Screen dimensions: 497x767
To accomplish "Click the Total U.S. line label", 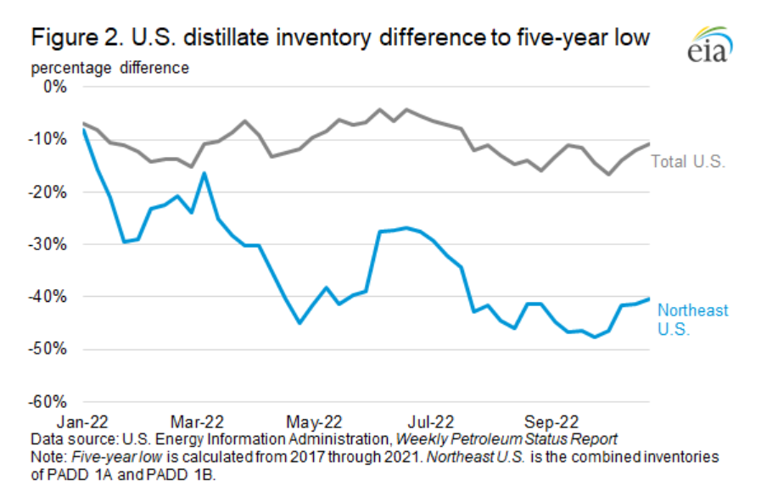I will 688,161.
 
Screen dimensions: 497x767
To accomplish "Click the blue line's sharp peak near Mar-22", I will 204,173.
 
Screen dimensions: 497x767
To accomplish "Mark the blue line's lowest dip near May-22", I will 300,323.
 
